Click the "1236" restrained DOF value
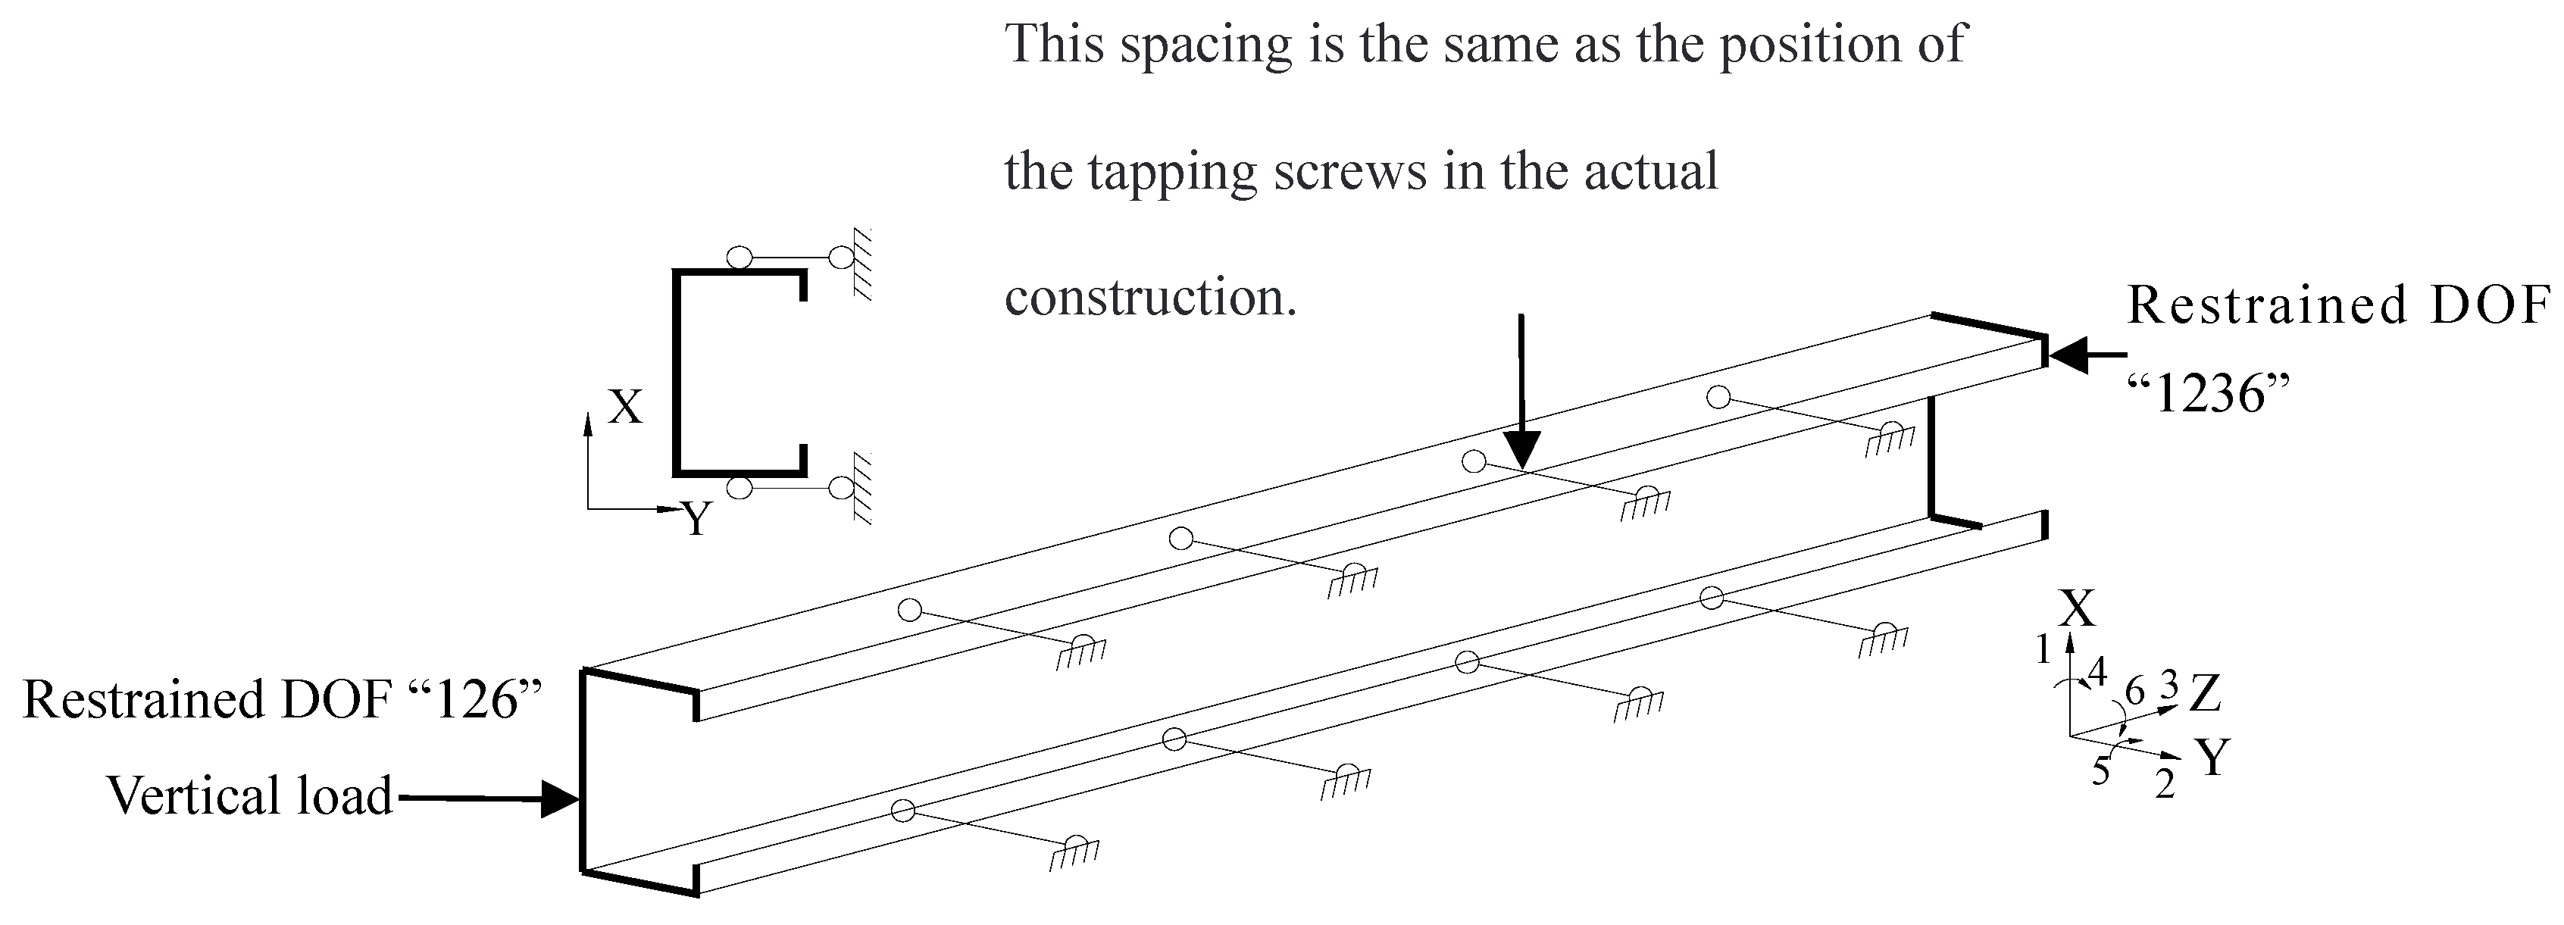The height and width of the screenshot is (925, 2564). (2208, 395)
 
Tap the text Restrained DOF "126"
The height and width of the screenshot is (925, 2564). (283, 700)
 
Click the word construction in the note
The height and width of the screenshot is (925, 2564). (1149, 297)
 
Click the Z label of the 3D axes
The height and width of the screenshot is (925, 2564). (2205, 695)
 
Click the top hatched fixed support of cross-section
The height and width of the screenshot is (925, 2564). (862, 264)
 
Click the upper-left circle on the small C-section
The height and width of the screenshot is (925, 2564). (739, 258)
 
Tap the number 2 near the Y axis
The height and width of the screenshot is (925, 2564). (2165, 786)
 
